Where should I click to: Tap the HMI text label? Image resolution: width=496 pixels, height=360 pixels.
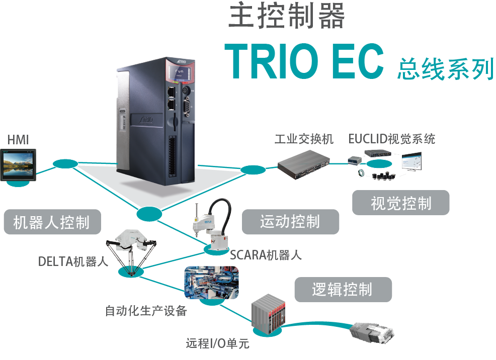[18, 140]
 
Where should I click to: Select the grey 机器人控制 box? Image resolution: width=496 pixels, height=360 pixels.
[52, 222]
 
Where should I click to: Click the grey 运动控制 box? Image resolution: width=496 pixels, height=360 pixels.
[291, 222]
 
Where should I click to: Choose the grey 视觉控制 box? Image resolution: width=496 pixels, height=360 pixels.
[400, 203]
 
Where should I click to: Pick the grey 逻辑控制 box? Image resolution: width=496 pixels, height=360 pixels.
[343, 290]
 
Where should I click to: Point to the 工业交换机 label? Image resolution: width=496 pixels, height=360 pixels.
[304, 139]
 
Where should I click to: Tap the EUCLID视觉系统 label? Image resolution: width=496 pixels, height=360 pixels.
[392, 139]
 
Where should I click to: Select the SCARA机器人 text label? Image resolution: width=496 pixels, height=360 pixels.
[266, 255]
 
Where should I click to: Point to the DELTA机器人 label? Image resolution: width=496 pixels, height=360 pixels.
[73, 261]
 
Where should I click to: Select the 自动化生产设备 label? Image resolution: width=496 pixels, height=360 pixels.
[146, 311]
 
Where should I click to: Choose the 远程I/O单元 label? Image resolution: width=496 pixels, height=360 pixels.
[217, 344]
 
